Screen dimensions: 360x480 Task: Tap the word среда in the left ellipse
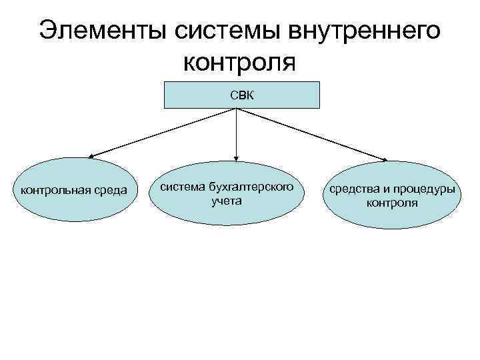[x=112, y=191]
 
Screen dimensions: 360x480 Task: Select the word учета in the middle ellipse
[x=227, y=200]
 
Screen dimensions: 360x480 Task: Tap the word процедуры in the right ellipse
[x=424, y=190]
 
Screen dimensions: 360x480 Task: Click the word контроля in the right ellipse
[x=392, y=203]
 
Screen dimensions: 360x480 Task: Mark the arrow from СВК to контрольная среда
[x=163, y=133]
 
